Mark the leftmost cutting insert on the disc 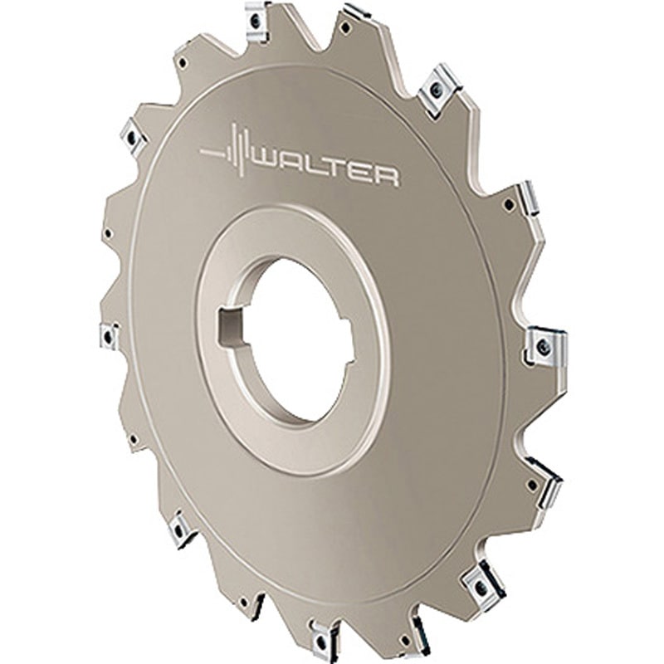pos(109,336)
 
